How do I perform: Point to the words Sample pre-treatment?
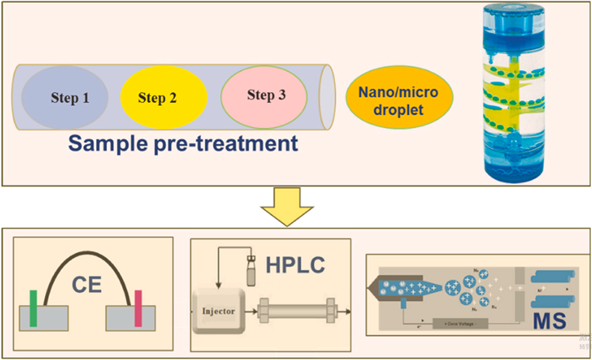[183, 144]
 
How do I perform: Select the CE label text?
[87, 284]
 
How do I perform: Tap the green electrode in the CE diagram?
[33, 308]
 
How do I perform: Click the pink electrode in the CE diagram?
[138, 308]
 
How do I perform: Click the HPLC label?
[295, 265]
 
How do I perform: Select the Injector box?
[219, 311]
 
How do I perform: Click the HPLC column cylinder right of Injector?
[297, 311]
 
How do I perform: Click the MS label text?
[549, 321]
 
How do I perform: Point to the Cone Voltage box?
[460, 324]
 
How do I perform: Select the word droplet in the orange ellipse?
[398, 110]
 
